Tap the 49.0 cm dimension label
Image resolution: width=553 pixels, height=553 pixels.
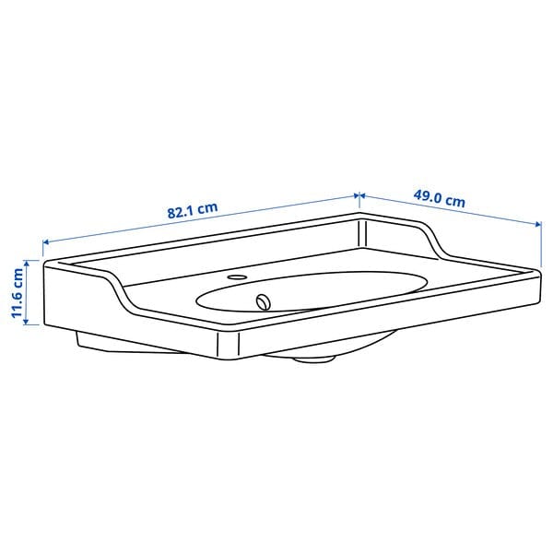pos(439,198)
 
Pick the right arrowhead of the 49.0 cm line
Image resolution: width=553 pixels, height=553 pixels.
pos(536,223)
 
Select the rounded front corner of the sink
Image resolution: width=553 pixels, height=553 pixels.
pos(228,346)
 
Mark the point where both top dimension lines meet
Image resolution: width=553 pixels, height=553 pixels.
pos(359,195)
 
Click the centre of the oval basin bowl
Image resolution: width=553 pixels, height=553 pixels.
pos(313,289)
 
